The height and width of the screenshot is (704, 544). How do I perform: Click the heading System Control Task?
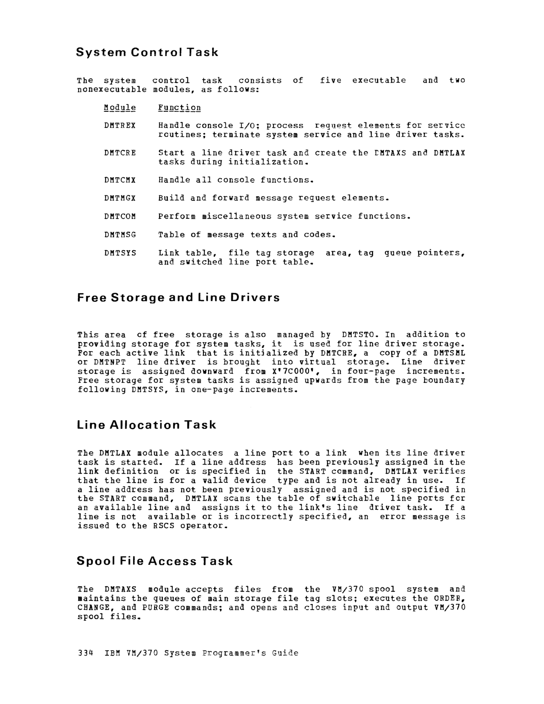click(x=147, y=52)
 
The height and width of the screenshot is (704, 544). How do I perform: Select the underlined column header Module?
click(x=120, y=108)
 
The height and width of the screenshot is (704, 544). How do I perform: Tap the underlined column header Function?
click(x=179, y=108)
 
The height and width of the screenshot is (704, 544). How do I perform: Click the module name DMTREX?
click(x=120, y=125)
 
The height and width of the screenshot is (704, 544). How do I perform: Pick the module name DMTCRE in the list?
click(x=120, y=153)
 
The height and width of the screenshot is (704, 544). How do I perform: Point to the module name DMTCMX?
click(x=120, y=180)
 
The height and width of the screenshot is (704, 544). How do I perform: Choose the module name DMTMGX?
click(x=120, y=198)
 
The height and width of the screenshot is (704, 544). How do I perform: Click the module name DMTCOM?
click(x=120, y=216)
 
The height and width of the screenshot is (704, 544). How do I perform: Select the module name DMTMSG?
click(x=120, y=235)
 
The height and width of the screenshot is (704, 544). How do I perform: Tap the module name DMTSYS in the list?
click(x=120, y=253)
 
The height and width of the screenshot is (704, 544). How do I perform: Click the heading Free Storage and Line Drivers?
click(x=178, y=297)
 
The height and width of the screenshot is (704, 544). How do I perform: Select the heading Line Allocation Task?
click(x=146, y=425)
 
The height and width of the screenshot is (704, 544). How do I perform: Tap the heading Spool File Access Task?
click(x=155, y=561)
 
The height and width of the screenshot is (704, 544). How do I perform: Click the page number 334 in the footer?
click(x=85, y=653)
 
